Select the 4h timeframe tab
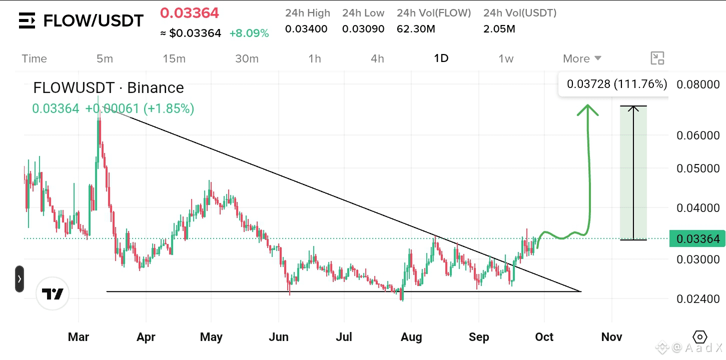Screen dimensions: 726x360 pos(377,58)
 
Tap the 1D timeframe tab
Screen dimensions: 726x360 pos(441,58)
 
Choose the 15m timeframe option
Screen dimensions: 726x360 pos(174,58)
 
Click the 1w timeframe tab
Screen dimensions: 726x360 pos(506,58)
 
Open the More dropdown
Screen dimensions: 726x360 pos(582,58)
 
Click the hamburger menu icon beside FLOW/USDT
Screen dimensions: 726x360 pos(27,20)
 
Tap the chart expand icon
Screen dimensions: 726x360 pos(657,58)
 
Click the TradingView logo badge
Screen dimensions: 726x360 pos(53,293)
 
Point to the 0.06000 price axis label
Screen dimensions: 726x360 pos(698,135)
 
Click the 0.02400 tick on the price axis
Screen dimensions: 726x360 pos(698,299)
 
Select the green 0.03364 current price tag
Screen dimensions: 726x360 pos(697,238)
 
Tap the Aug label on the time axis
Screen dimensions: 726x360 pos(411,337)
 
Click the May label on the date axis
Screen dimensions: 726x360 pos(211,337)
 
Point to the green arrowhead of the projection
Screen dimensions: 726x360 pos(587,110)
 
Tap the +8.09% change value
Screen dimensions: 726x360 pos(249,33)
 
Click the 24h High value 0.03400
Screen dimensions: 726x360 pos(306,29)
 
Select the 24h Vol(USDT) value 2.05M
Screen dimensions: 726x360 pos(499,29)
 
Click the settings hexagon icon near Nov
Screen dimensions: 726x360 pos(700,337)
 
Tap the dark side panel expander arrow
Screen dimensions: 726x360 pos(20,278)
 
